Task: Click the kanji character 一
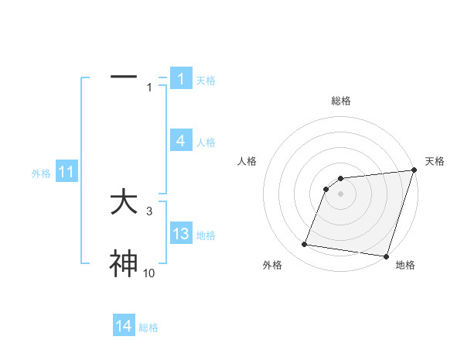124,77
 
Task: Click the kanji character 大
124,203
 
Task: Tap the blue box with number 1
181,79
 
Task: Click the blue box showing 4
181,141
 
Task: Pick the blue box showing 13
181,234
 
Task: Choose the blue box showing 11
67,173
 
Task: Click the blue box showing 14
124,327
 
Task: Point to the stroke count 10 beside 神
148,273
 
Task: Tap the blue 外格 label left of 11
41,173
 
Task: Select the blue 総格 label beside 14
148,328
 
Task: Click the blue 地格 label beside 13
206,235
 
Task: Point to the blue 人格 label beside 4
206,142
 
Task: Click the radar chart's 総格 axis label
341,101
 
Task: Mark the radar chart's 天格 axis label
435,161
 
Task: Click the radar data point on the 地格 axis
385,256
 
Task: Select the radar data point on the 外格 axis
305,245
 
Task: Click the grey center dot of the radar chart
340,194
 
